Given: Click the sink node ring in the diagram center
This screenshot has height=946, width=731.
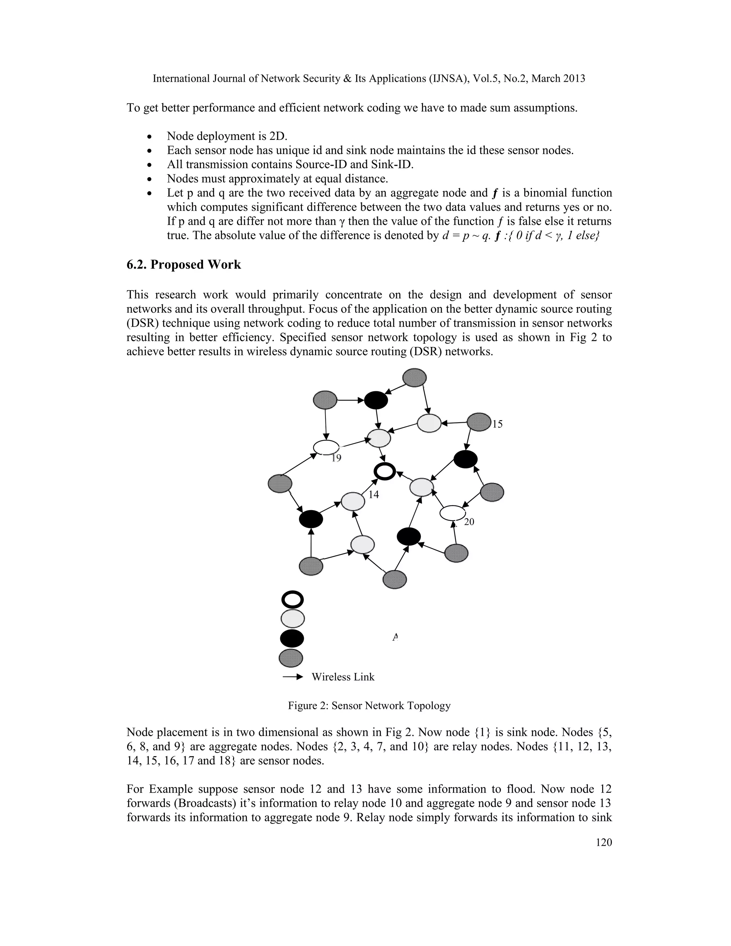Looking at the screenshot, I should (x=384, y=471).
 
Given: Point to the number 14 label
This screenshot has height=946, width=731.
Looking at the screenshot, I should (x=373, y=495).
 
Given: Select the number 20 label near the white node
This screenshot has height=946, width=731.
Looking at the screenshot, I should (x=469, y=522).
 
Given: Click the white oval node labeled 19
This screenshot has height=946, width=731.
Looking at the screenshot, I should (x=326, y=447).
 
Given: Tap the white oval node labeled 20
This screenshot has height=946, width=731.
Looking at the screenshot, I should (x=453, y=513).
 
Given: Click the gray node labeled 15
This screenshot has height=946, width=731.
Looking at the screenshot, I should (x=479, y=422).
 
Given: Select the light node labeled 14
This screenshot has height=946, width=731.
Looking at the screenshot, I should (x=353, y=502).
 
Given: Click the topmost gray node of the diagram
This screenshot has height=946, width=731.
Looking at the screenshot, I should (x=414, y=377).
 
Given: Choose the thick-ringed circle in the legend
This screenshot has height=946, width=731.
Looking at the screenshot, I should (x=292, y=600).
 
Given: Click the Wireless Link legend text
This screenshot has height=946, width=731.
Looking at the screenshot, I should (x=343, y=677).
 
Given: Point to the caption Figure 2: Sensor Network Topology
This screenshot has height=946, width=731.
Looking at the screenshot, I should (x=369, y=706).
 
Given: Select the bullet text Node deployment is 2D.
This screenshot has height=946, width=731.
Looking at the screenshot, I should (x=227, y=136).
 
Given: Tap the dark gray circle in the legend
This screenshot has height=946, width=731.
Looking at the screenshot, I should (x=291, y=658).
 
